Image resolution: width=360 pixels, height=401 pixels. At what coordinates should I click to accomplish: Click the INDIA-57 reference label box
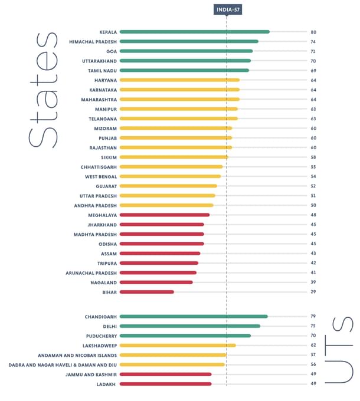pyautogui.click(x=227, y=9)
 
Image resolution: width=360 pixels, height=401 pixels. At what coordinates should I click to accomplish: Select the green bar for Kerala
pyautogui.click(x=194, y=32)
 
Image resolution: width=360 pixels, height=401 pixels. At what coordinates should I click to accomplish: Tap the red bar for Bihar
pyautogui.click(x=147, y=292)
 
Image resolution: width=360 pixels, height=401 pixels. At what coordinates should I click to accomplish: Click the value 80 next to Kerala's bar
pyautogui.click(x=314, y=32)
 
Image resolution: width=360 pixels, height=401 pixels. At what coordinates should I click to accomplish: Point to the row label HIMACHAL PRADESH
pyautogui.click(x=93, y=41)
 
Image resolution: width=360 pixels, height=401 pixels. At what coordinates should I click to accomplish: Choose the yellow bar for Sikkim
pyautogui.click(x=174, y=157)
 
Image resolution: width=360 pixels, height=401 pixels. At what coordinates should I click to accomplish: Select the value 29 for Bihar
pyautogui.click(x=314, y=292)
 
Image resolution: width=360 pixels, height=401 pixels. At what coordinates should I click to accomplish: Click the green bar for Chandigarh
pyautogui.click(x=194, y=317)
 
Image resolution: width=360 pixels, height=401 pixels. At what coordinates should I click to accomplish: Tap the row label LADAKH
pyautogui.click(x=107, y=384)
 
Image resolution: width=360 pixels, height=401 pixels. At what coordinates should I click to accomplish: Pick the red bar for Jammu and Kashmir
pyautogui.click(x=165, y=374)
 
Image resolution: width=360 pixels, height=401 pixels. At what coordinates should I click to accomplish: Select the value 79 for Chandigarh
pyautogui.click(x=314, y=317)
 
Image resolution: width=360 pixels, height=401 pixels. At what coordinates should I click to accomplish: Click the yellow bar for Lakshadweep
pyautogui.click(x=178, y=346)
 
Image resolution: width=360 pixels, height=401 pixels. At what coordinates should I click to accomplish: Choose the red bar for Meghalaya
pyautogui.click(x=165, y=215)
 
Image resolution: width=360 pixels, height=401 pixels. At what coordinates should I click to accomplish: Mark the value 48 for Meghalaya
pyautogui.click(x=314, y=215)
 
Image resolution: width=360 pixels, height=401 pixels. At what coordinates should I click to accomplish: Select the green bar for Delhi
pyautogui.click(x=190, y=326)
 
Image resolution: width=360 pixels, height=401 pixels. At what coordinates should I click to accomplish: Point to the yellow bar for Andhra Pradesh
pyautogui.click(x=166, y=205)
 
